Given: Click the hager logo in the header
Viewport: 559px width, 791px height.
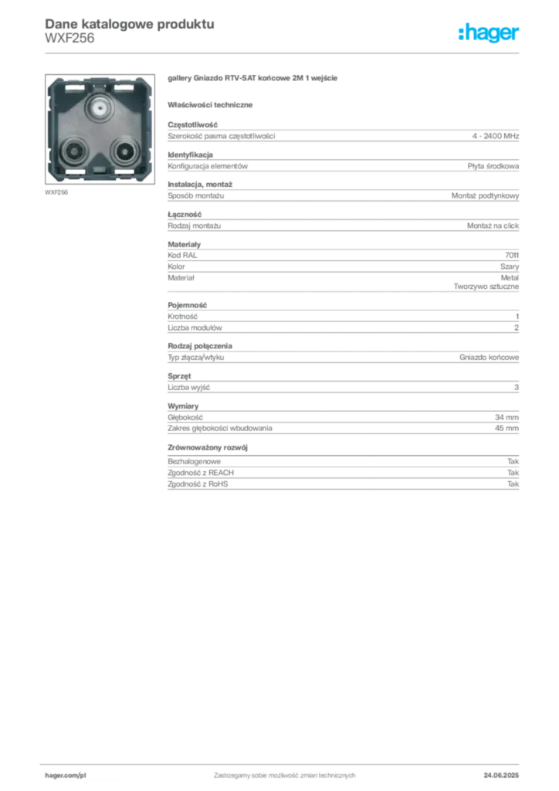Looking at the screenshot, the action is tap(488, 33).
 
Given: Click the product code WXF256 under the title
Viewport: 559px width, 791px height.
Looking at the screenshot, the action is tap(69, 39).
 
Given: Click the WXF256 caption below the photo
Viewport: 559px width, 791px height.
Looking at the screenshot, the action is tap(56, 192).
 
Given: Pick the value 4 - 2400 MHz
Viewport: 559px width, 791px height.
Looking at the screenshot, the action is tap(496, 136).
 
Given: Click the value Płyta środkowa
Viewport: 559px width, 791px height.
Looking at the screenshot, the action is tap(493, 166).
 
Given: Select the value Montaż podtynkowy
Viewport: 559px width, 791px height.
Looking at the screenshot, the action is tap(485, 195).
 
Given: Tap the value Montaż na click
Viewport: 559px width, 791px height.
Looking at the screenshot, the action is tap(493, 226).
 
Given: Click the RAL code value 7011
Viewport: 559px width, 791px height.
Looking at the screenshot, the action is tap(512, 255).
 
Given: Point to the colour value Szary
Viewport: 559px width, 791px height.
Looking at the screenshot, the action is tap(510, 266).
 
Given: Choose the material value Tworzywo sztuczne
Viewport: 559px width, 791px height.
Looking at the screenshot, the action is tap(486, 287).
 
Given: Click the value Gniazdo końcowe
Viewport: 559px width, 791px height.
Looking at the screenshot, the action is tap(489, 357).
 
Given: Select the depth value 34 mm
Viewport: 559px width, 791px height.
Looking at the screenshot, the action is tap(506, 417).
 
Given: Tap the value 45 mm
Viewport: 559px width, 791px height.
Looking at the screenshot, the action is tap(506, 428).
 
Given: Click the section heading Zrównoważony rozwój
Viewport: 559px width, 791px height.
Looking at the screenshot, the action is tap(208, 447).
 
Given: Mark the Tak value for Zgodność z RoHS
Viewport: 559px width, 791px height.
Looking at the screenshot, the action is tap(513, 484).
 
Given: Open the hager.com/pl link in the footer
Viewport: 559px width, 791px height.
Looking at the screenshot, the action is tap(66, 776).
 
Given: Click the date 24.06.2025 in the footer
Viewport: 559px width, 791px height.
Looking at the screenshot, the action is tap(501, 776).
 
